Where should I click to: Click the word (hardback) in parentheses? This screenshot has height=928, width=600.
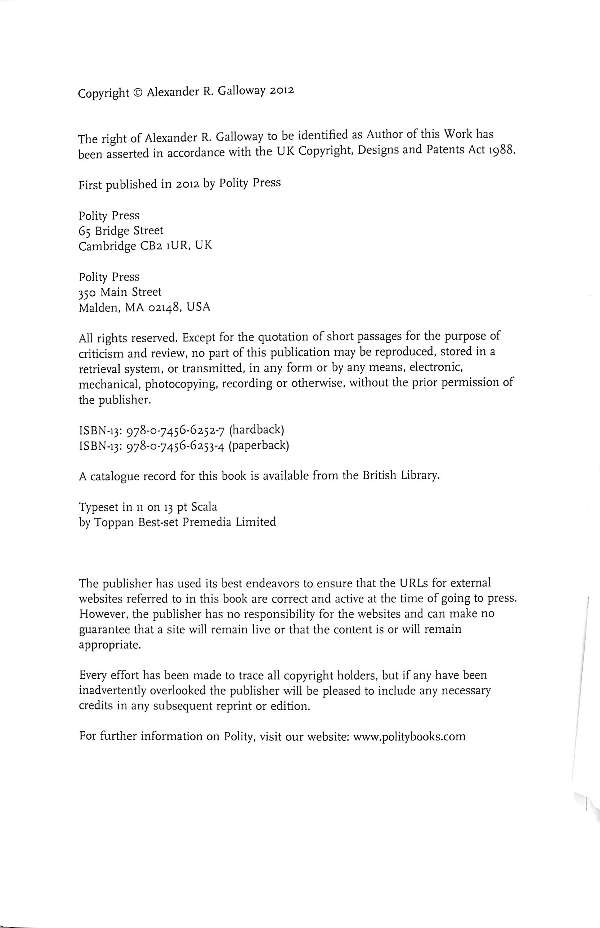pos(256,430)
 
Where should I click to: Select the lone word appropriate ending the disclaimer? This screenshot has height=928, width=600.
pos(109,646)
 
